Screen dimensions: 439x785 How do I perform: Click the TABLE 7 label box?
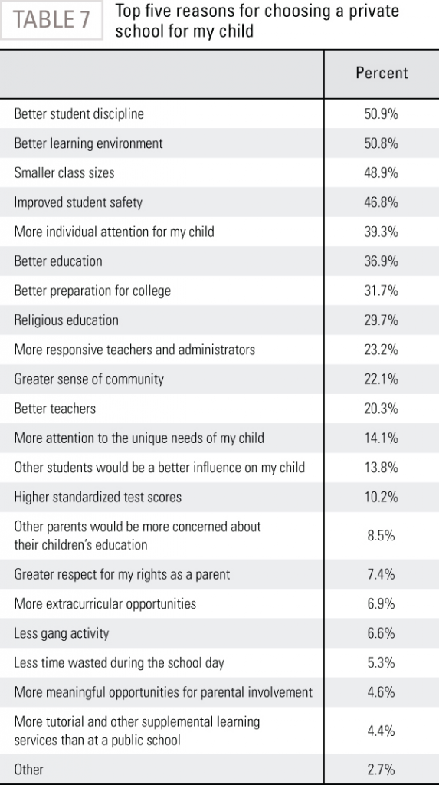pos(51,20)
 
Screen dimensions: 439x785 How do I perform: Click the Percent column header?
pos(382,73)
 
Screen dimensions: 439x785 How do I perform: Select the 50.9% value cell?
pos(382,114)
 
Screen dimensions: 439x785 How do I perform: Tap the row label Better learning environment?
pos(89,143)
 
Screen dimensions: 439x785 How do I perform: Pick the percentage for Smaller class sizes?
pos(382,173)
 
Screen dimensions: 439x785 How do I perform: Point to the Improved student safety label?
pos(78,202)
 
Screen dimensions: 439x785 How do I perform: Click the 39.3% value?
pos(382,232)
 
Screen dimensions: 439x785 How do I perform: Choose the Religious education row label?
pos(66,320)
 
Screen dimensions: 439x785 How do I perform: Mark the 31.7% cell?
pos(382,291)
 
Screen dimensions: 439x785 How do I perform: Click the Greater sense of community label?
pos(89,379)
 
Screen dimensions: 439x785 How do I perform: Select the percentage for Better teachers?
pos(382,409)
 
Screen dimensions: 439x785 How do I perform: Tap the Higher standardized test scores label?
pos(97,497)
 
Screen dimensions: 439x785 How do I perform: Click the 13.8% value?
pos(382,468)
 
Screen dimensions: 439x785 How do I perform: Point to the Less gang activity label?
pos(61,633)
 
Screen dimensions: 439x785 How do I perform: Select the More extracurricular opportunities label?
pos(105,604)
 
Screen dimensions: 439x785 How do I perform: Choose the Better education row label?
pos(58,261)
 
